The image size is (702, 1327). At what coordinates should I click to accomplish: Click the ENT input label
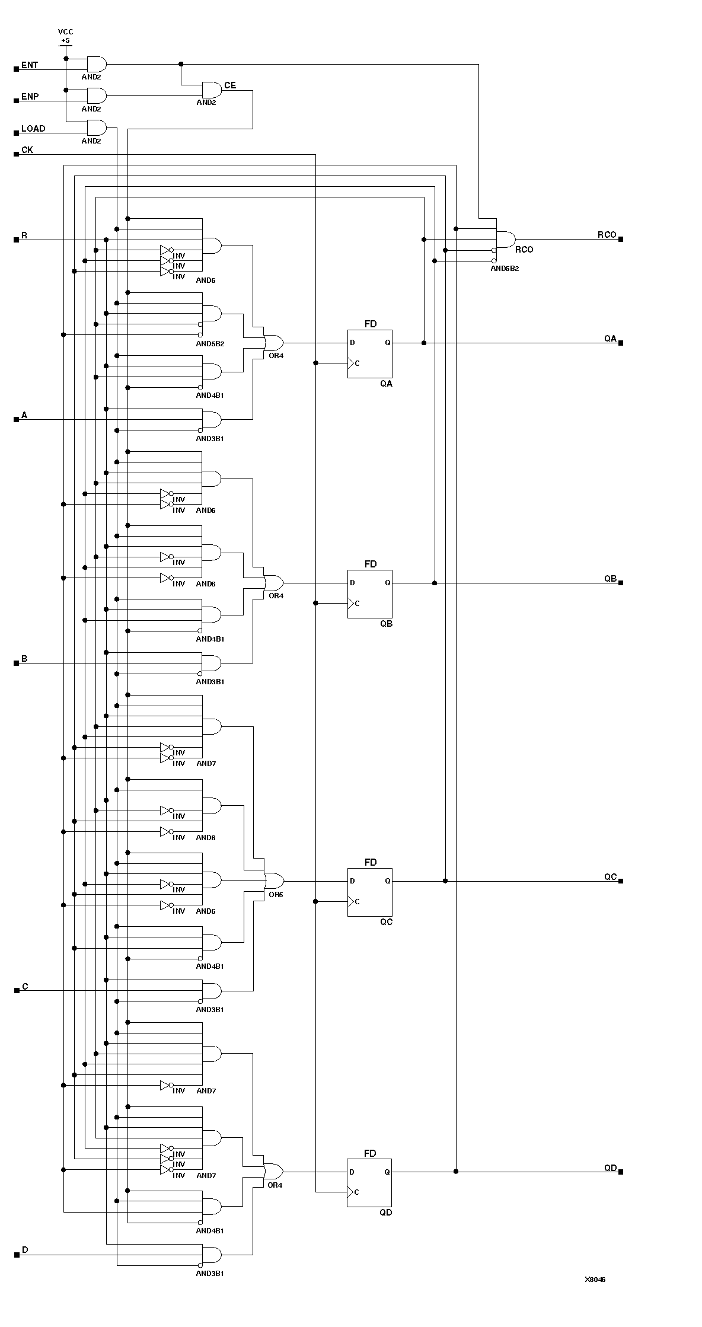click(30, 65)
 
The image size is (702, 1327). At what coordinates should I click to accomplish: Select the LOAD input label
click(33, 129)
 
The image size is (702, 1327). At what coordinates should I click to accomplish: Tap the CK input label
click(27, 150)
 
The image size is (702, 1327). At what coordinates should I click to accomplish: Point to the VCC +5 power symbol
click(65, 37)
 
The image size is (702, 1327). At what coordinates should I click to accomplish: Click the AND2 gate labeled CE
click(211, 90)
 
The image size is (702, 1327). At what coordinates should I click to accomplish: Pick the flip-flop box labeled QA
click(369, 354)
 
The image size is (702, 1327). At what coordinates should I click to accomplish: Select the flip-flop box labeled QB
click(369, 594)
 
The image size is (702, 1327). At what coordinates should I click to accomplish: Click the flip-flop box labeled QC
click(369, 892)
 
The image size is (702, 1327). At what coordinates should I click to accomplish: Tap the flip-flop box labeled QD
click(369, 1183)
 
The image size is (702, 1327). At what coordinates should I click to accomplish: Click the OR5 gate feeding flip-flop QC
click(274, 880)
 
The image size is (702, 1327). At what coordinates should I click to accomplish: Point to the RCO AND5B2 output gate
click(505, 240)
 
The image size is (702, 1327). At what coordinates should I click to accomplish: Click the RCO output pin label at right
click(607, 235)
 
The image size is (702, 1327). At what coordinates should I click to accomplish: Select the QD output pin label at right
click(610, 1168)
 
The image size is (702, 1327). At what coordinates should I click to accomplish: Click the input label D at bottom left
click(25, 1250)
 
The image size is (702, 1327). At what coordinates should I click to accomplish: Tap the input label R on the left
click(24, 235)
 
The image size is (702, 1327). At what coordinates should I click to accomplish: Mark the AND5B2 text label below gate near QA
click(210, 344)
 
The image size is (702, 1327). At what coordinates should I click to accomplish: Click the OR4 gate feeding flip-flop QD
click(273, 1171)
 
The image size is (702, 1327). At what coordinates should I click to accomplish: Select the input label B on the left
click(24, 659)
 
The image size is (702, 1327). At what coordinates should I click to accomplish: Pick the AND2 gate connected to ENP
click(96, 95)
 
